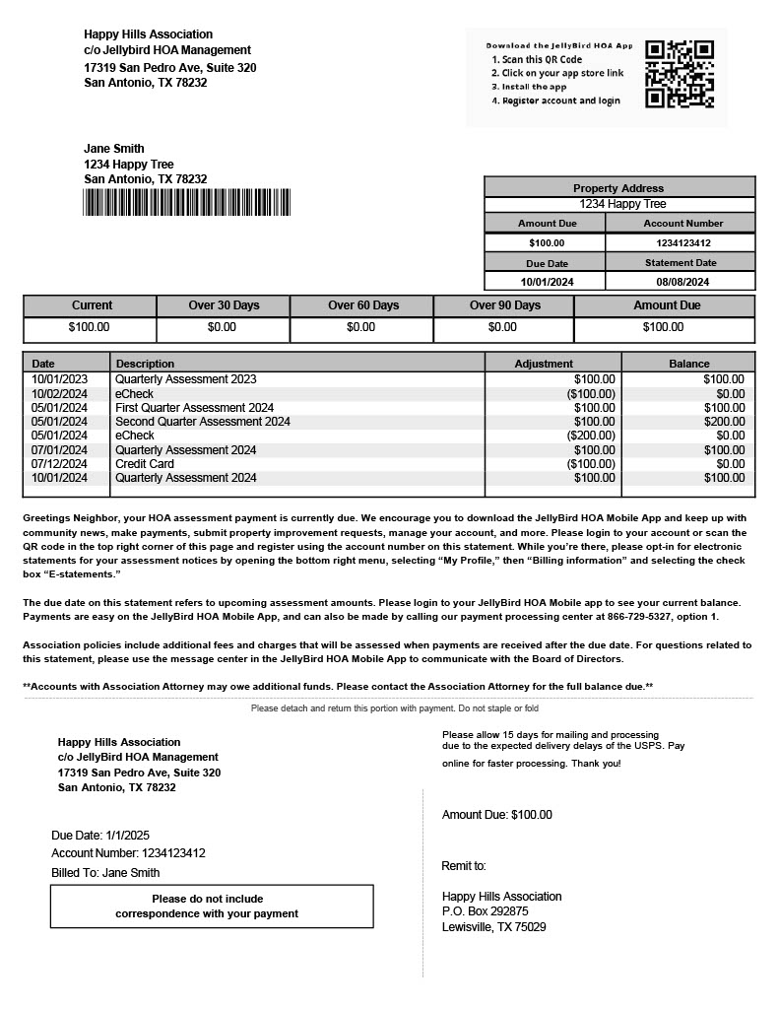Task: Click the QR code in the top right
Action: pos(679,74)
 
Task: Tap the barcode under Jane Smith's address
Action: pos(187,203)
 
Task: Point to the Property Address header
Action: pos(618,188)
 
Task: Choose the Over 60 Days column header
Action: pos(363,305)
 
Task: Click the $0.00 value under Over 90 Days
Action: pos(502,327)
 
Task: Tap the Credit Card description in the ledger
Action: pos(145,464)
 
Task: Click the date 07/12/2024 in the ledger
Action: pos(59,464)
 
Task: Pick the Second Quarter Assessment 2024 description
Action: pos(203,422)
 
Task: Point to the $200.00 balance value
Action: pos(724,422)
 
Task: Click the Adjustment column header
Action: pos(544,364)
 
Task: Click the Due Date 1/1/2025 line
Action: pos(100,836)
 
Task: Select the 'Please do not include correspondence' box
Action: pos(212,907)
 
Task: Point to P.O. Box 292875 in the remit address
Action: pos(486,911)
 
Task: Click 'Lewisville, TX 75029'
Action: pos(494,927)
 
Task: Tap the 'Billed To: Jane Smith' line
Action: pos(105,873)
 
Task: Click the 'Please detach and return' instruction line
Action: pos(394,708)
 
